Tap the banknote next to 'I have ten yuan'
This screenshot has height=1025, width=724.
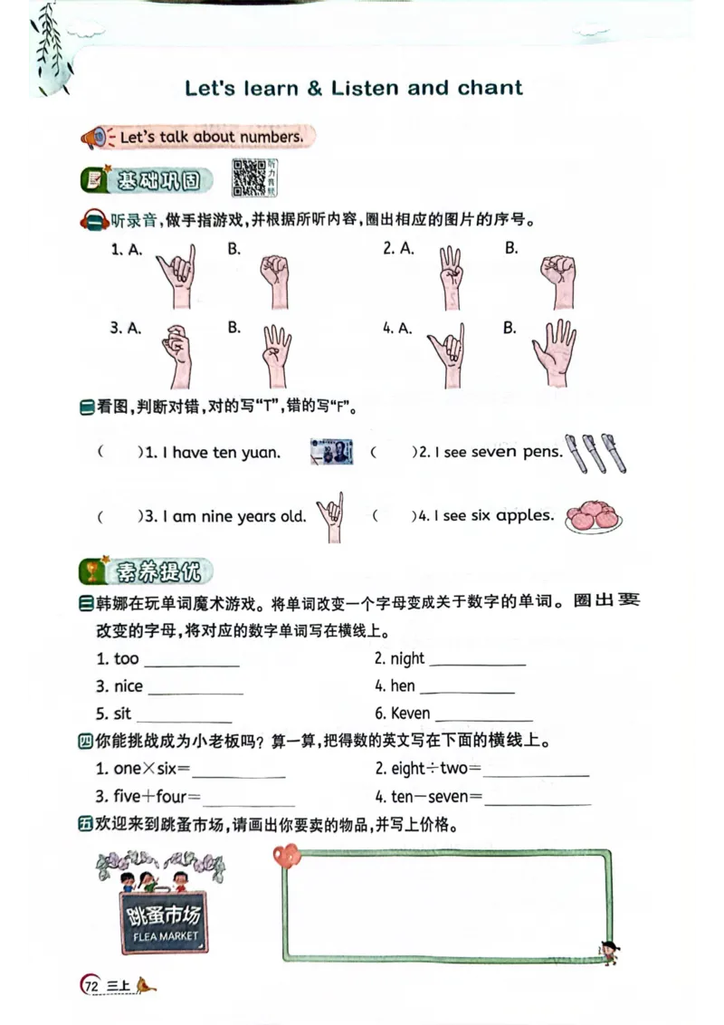(x=330, y=452)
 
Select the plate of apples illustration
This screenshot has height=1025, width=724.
(x=592, y=515)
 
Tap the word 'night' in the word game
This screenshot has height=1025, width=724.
(x=407, y=659)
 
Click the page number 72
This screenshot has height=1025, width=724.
(x=90, y=985)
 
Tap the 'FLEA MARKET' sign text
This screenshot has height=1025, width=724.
(x=166, y=936)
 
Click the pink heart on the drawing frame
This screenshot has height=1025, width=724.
(x=287, y=853)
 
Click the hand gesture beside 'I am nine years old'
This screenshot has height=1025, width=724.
(x=330, y=512)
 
